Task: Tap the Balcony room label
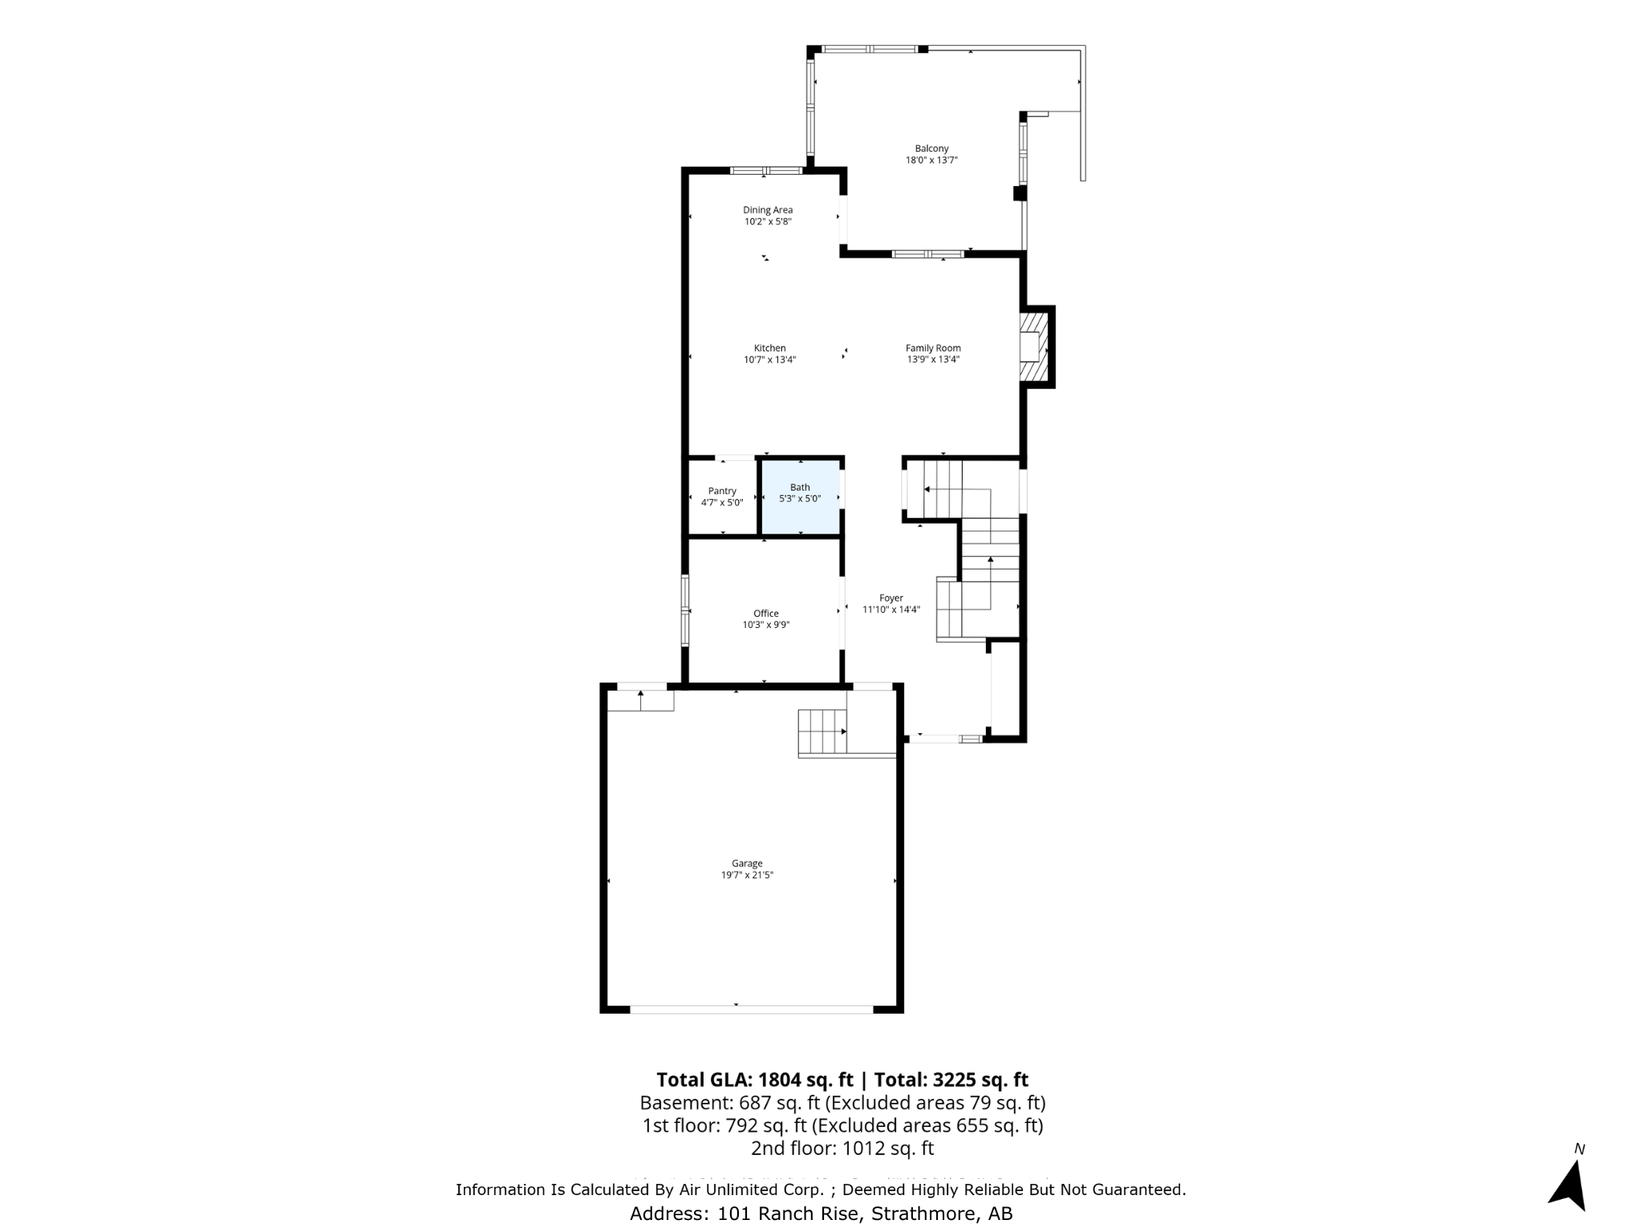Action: click(931, 148)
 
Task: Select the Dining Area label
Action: click(767, 210)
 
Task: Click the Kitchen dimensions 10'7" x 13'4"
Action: click(769, 360)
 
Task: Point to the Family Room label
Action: click(933, 348)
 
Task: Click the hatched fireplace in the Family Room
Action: click(1034, 346)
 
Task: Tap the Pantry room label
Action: click(722, 491)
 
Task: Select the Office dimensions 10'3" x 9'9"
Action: click(765, 625)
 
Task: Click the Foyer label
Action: click(890, 598)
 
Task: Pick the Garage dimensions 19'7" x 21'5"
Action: click(746, 875)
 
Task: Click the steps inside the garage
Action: click(822, 732)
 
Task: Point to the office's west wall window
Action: click(685, 610)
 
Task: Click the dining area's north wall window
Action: click(766, 170)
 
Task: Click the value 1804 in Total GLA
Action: click(779, 1080)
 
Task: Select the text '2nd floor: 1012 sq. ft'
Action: click(842, 1148)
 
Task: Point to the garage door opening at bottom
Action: click(751, 1009)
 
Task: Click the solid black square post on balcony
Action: click(1020, 193)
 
